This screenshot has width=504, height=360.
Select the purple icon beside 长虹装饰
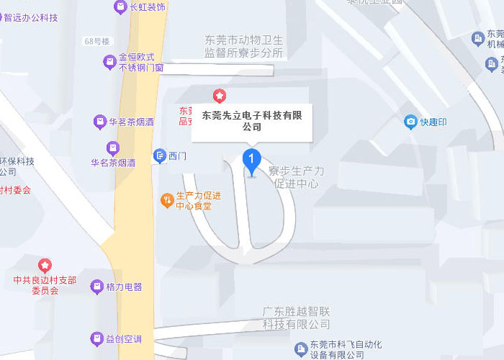(120, 7)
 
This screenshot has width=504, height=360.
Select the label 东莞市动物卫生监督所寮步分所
(245, 47)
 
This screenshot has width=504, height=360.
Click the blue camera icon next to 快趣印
(410, 122)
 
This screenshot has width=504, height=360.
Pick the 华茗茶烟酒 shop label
(131, 122)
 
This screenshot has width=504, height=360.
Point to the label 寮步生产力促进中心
(296, 177)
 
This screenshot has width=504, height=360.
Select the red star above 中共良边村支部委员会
(45, 266)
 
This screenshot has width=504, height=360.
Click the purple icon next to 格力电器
(96, 287)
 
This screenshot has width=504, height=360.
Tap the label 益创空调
(124, 338)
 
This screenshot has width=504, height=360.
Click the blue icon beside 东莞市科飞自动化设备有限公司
(300, 349)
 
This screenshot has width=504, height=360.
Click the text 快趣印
(433, 122)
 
